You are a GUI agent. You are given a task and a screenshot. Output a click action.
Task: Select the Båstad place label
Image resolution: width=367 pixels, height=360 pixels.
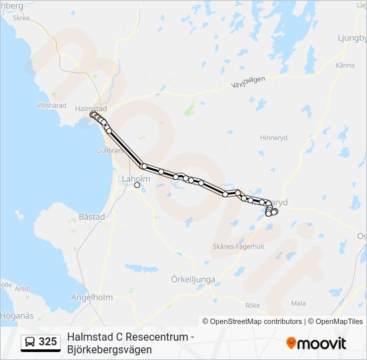point(92,217)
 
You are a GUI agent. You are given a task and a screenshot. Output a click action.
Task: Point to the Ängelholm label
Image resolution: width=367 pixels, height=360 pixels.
point(93,297)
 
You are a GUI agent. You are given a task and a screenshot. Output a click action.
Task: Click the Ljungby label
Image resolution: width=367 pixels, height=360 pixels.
point(352,38)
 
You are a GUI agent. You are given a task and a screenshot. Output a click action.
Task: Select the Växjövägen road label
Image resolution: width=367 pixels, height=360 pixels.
point(248,82)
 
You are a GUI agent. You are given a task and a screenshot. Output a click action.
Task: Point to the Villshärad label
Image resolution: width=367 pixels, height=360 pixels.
point(51,105)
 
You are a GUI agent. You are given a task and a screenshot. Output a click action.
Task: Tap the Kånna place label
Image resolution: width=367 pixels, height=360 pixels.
point(345,65)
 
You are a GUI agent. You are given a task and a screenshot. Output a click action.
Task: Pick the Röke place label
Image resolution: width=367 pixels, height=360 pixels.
point(252,305)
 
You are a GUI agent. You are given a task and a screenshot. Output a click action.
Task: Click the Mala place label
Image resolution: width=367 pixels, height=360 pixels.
point(298,303)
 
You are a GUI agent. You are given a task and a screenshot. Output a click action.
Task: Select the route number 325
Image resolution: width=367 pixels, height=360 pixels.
point(47,342)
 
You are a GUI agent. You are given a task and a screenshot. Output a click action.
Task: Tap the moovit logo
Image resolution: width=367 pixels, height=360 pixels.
point(316,343)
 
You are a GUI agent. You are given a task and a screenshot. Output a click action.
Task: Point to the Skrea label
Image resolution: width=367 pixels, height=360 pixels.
point(21,19)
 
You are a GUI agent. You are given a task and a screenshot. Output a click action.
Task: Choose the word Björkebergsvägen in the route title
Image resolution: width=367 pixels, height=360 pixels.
point(109,349)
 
